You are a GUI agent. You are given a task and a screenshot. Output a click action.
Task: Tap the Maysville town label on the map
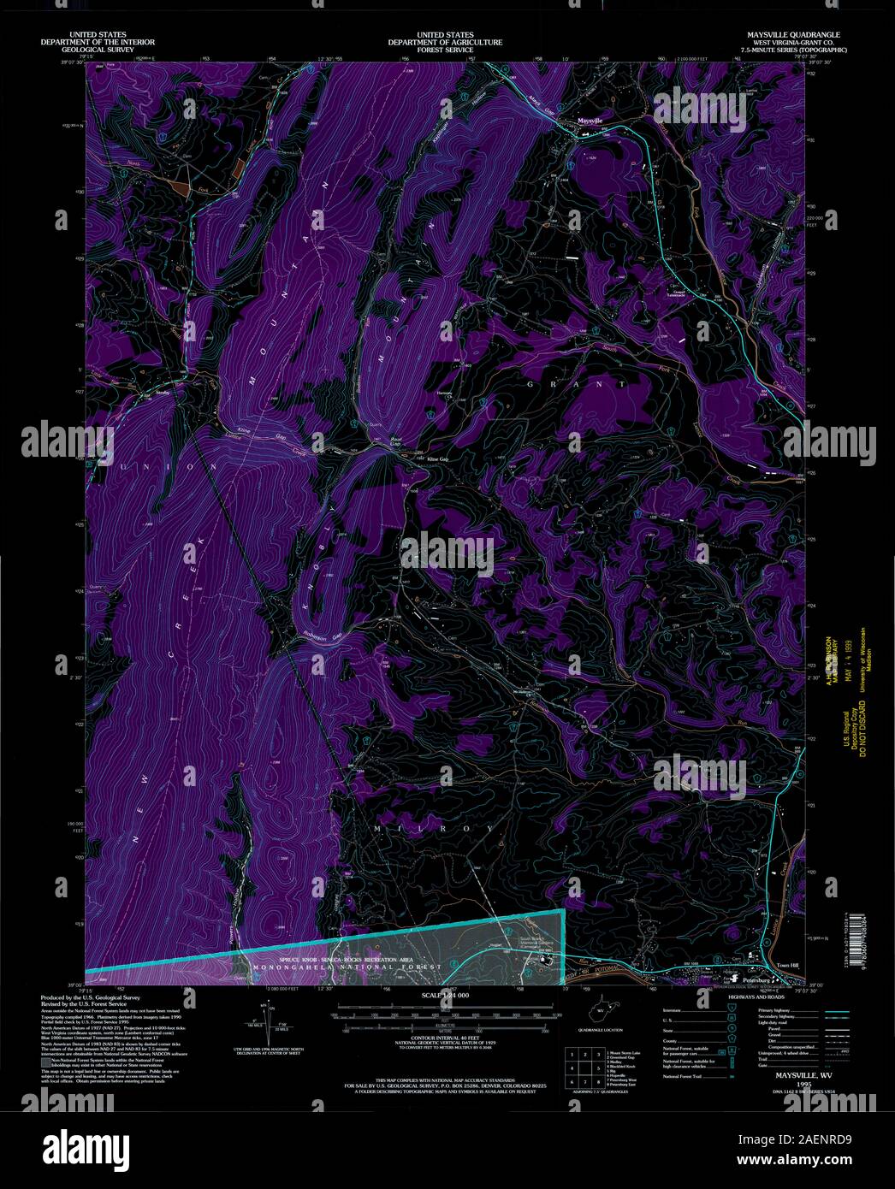[x=590, y=121]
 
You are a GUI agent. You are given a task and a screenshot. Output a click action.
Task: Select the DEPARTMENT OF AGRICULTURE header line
[x=445, y=42]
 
